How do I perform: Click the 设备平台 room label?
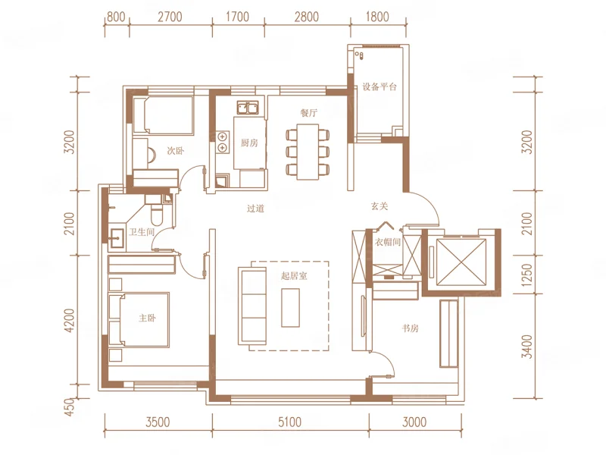(380, 86)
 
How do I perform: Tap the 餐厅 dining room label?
(309, 112)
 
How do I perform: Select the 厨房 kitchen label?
(249, 143)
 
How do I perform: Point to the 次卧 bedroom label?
(175, 150)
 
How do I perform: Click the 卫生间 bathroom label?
(142, 232)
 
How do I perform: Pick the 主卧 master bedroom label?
(147, 318)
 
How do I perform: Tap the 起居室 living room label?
(294, 276)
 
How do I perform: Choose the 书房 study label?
(410, 328)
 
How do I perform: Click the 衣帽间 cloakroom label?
(388, 242)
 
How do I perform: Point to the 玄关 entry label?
(380, 206)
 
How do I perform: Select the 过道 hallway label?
(255, 209)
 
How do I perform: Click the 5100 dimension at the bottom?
(289, 422)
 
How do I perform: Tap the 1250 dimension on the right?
(526, 275)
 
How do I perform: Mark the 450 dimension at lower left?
(68, 407)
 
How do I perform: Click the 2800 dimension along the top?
(307, 17)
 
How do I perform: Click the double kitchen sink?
(248, 108)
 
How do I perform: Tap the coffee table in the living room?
(291, 308)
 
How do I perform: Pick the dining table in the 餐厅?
(308, 152)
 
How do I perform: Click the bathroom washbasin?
(116, 238)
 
